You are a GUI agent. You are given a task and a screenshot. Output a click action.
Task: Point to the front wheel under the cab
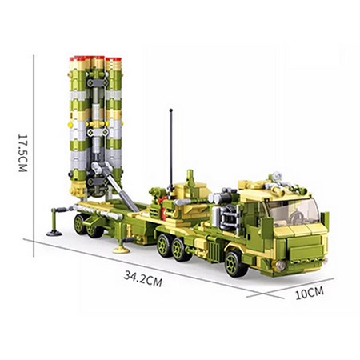click(236, 260)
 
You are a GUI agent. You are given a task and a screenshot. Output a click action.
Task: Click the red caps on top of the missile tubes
click(94, 58)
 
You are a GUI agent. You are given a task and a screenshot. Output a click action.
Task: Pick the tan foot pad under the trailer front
click(121, 250)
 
